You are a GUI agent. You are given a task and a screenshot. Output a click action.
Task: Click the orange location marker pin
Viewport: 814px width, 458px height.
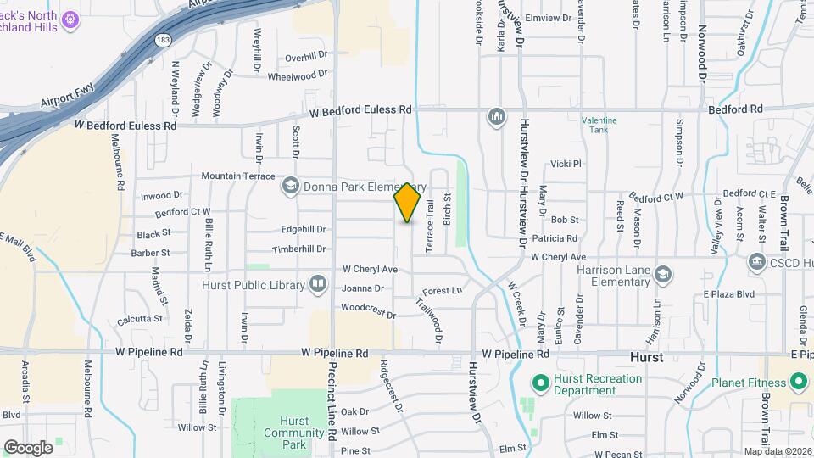(408, 203)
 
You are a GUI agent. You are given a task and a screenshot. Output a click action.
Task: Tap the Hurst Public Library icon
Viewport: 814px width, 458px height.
(318, 283)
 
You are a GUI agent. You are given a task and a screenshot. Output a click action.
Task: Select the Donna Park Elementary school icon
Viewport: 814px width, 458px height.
(290, 185)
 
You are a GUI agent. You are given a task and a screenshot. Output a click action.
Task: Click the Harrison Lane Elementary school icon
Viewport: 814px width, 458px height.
(663, 274)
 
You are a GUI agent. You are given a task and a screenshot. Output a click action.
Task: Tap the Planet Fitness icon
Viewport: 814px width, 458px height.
(797, 383)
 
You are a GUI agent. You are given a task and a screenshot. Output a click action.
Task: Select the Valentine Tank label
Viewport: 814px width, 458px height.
(599, 125)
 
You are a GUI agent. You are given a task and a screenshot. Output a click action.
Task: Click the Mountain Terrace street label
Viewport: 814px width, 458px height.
(238, 176)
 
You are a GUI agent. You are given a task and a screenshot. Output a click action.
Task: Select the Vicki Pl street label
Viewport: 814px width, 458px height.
(566, 164)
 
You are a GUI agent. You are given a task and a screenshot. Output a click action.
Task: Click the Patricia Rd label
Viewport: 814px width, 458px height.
(555, 239)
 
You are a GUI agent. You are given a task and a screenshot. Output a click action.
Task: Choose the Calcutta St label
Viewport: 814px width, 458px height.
(140, 319)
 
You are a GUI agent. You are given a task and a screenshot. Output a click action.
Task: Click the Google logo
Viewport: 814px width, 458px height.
(28, 447)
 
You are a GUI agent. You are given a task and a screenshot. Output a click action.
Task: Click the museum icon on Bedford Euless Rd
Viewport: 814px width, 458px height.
(496, 115)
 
